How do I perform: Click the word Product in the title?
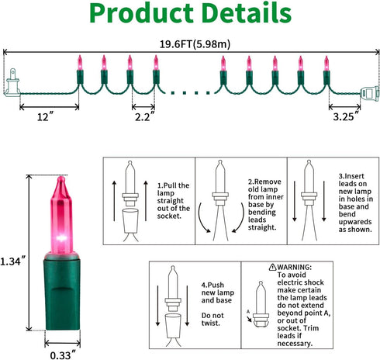point(141,13)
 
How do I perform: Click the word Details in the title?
point(247,13)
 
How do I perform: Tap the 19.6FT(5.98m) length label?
point(195,44)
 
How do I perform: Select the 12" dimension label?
point(46,117)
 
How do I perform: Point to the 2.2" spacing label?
point(145,117)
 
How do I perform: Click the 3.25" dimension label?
point(347,116)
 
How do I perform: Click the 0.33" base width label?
point(64,355)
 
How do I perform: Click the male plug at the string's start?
point(12,83)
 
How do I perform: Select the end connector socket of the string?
point(370,94)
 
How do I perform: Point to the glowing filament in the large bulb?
point(61,237)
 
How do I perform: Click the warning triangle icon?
point(272,267)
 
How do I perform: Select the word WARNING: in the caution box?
point(295,267)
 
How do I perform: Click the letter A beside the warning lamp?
point(248,312)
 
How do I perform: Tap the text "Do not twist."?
point(212,319)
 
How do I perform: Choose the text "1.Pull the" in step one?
point(173,185)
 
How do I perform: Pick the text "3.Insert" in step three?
point(351,176)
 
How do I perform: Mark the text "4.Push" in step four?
point(212,285)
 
